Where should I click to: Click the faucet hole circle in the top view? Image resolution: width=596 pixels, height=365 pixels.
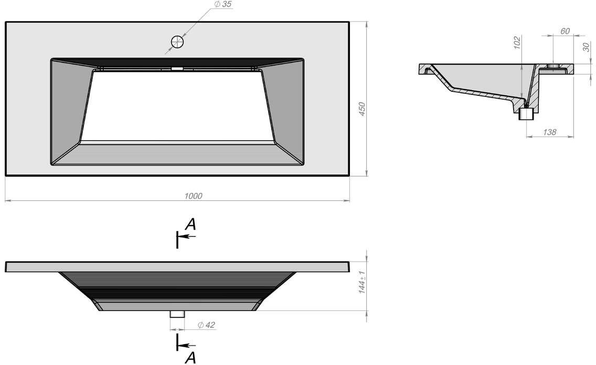click(177, 42)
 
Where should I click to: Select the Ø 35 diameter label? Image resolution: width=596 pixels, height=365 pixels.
click(223, 4)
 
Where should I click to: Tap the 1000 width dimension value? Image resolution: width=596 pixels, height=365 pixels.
click(193, 196)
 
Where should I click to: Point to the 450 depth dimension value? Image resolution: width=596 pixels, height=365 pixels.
click(362, 109)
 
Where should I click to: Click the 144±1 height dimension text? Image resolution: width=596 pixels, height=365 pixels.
click(362, 282)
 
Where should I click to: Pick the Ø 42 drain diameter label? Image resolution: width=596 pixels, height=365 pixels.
click(206, 325)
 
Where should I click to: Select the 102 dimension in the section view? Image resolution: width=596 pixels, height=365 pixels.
click(517, 42)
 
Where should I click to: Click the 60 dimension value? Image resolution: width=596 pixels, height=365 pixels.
click(565, 31)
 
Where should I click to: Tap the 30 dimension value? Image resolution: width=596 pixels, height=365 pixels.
click(586, 47)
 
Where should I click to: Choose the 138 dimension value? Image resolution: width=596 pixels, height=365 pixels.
click(550, 132)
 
